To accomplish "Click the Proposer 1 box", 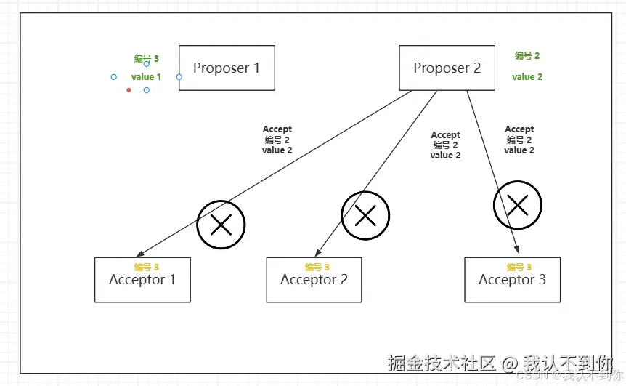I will [x=227, y=68].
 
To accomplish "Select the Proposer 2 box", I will [x=447, y=68].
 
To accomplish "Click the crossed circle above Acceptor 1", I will [x=221, y=225].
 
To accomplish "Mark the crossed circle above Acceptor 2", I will [x=365, y=215].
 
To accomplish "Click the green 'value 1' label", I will [x=146, y=76].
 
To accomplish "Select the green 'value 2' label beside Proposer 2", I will [x=527, y=76].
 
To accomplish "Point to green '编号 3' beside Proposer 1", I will [x=146, y=59].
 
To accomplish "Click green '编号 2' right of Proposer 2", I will [x=527, y=56].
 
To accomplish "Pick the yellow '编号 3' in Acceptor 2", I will [x=317, y=268].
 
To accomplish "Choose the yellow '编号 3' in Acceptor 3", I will [x=519, y=268].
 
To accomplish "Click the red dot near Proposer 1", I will [x=129, y=90].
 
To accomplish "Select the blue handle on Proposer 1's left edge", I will [x=179, y=76].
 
